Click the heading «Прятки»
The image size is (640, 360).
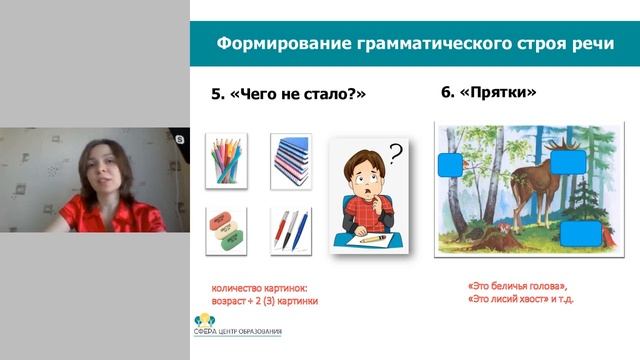point(489,93)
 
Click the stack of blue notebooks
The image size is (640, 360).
point(291,158)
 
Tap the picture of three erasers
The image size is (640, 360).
point(226,227)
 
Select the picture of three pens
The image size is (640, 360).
point(291,227)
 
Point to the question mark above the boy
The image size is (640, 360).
point(396,153)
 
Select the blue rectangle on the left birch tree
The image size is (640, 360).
point(452,164)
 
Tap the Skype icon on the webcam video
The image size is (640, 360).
point(180,139)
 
